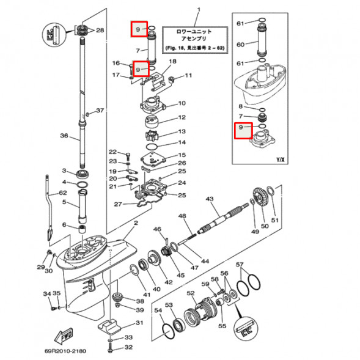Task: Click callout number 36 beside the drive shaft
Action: pos(63,136)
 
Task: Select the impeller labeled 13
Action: pos(151,133)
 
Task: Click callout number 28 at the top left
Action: pos(100,30)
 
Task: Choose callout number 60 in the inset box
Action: pos(241,44)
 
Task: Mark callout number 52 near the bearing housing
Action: pos(190,293)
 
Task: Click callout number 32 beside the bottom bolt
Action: pos(128,348)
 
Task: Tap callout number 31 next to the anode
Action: pos(139,323)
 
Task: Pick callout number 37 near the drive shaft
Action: pos(100,111)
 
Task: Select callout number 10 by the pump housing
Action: pos(182,103)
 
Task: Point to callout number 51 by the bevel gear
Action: pos(274,220)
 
